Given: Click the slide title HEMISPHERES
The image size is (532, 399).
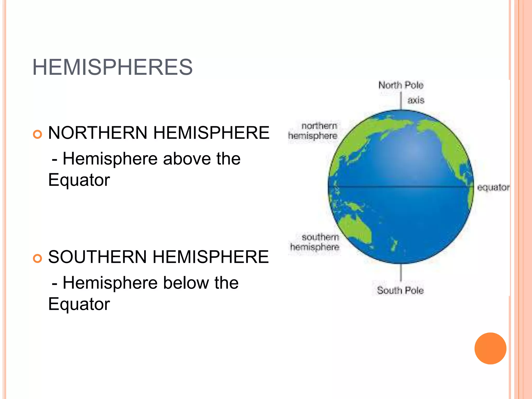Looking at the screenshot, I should (112, 67).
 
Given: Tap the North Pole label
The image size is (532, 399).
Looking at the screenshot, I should (401, 85).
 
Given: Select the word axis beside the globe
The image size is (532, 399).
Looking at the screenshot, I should (416, 100).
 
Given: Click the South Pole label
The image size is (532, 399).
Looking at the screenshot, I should (400, 290).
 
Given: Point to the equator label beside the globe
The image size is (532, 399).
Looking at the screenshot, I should (493, 187).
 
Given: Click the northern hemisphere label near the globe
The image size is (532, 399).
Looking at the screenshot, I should (313, 131).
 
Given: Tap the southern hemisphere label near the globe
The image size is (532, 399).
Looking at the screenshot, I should (315, 242).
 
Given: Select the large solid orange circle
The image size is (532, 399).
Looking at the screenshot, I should (490, 348).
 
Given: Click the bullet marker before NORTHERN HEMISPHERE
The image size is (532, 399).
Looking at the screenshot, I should (38, 134).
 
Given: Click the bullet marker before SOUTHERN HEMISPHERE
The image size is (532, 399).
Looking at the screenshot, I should (38, 258).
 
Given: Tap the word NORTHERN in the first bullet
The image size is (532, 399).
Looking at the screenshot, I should (98, 133).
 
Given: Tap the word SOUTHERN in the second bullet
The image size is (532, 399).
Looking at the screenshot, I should (97, 257).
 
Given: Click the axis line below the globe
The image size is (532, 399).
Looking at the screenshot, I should (401, 272).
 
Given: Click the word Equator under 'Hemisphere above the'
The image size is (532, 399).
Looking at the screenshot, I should (79, 180).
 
